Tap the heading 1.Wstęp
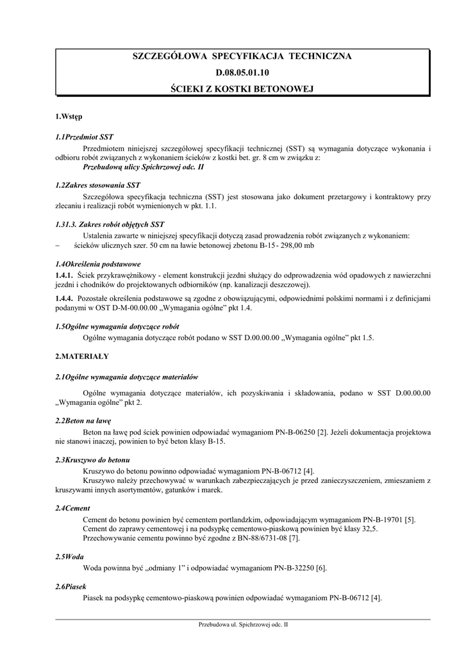[x=69, y=117]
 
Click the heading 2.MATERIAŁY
[x=82, y=356]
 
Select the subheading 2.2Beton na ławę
[x=83, y=421]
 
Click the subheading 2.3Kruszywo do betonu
[x=93, y=460]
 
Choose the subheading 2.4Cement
[x=72, y=508]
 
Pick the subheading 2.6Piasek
[x=71, y=587]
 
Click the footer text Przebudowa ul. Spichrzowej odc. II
[x=243, y=625]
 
